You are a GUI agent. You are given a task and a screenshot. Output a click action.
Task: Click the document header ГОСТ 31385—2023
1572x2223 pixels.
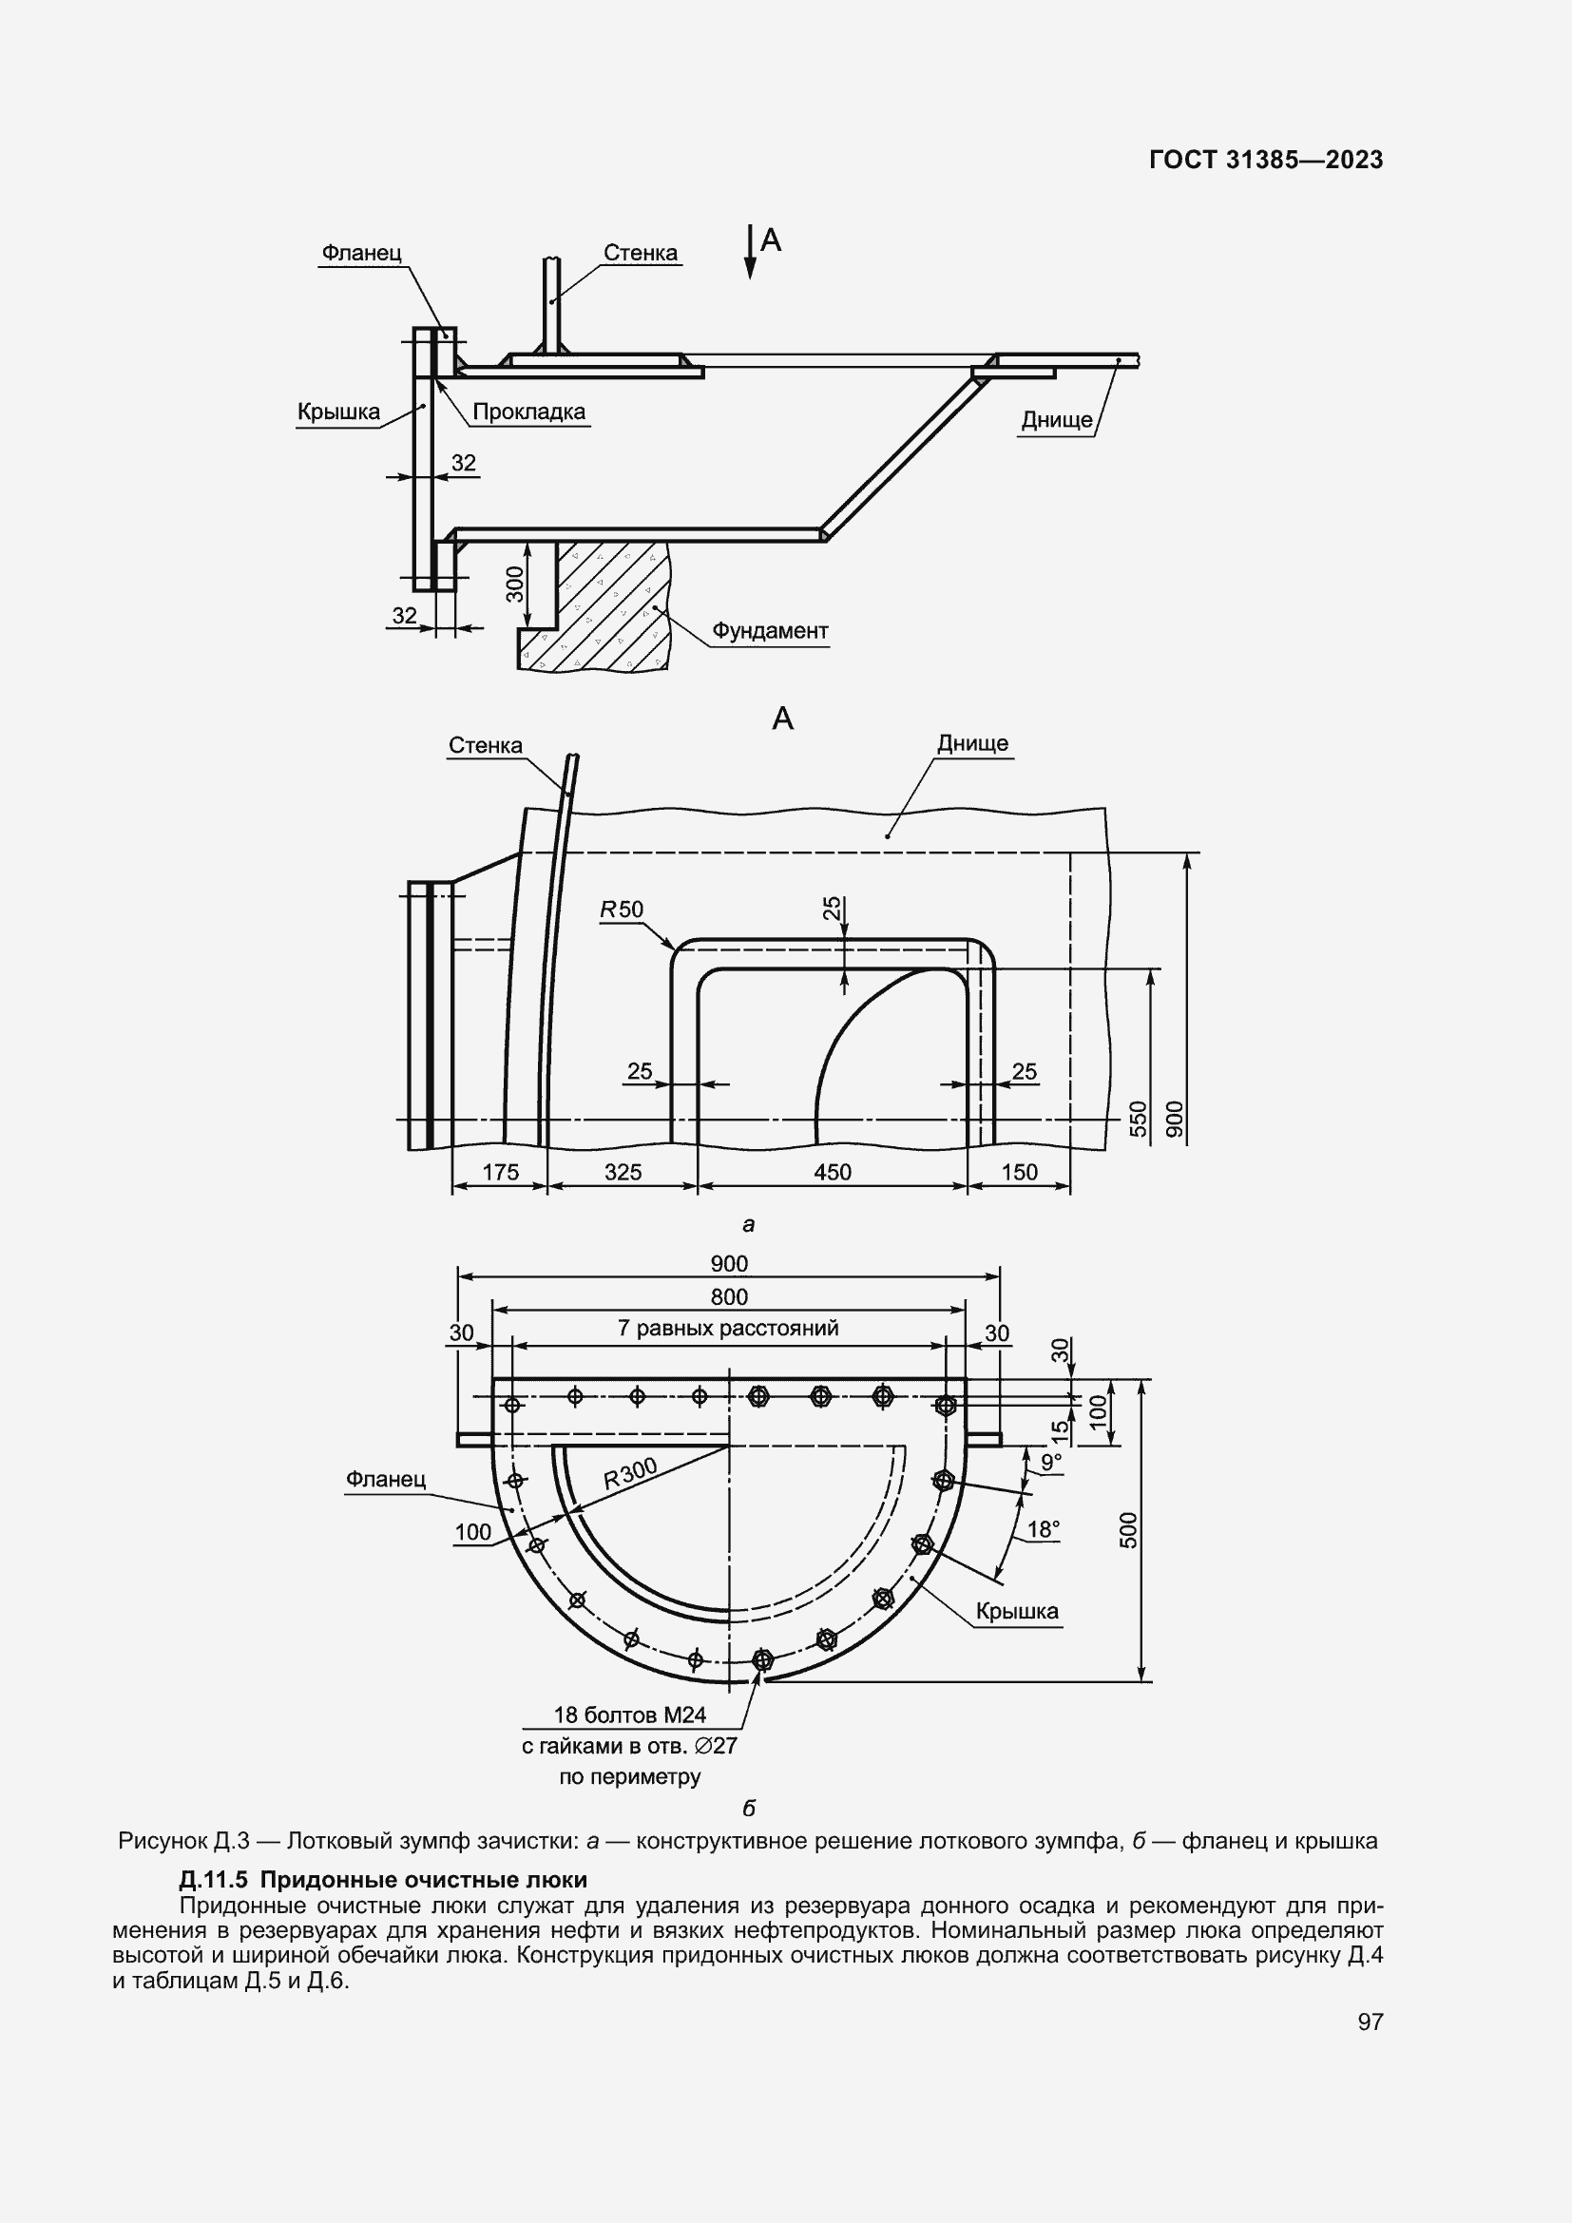point(1265,161)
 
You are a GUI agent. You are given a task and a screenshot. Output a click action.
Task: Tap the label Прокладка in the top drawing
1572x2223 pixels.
point(528,412)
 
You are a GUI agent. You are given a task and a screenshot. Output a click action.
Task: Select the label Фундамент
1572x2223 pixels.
point(770,631)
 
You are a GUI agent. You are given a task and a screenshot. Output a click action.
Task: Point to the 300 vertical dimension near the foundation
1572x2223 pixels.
point(515,584)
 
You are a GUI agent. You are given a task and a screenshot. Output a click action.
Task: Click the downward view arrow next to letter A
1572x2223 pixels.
point(749,254)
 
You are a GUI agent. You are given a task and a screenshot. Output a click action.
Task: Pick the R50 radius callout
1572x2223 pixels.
point(622,910)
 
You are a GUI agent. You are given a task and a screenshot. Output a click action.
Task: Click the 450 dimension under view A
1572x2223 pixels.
point(832,1173)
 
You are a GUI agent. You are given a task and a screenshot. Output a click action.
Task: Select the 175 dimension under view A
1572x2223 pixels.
point(500,1173)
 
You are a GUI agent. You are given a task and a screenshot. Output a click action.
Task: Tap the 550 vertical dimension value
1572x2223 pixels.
point(1139,1119)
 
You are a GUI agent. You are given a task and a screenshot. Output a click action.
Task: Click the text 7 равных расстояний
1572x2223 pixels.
point(728,1329)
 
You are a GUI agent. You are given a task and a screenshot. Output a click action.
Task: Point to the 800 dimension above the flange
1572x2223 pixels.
point(729,1296)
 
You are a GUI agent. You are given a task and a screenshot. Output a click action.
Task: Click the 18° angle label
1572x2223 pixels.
point(1043,1530)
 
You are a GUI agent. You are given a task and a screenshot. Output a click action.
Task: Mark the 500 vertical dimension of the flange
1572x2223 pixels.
point(1129,1530)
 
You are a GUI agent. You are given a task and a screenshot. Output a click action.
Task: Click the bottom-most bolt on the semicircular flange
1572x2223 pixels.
point(762,1660)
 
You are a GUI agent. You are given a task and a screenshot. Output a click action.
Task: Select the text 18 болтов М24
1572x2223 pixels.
point(629,1715)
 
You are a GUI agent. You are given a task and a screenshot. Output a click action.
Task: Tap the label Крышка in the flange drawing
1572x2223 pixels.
point(1016,1612)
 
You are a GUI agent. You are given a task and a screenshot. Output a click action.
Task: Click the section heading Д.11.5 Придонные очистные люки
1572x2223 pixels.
point(382,1880)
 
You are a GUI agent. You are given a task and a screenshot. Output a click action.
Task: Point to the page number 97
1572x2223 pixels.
point(1370,2022)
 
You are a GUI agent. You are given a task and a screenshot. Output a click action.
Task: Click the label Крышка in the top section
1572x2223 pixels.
point(337,412)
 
